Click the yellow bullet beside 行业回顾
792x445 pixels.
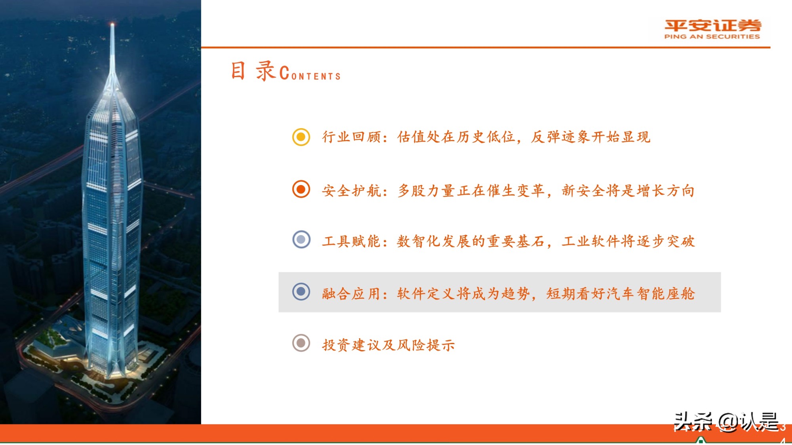point(301,137)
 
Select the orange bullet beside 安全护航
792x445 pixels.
point(301,189)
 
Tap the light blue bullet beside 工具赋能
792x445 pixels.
point(301,239)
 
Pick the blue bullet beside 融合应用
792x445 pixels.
point(301,292)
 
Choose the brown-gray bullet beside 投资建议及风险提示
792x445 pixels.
point(301,343)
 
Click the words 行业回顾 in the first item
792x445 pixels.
point(351,137)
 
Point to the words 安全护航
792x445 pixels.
point(351,191)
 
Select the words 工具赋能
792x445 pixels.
point(351,241)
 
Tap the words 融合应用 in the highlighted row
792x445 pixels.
point(351,294)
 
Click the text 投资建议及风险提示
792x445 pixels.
point(388,345)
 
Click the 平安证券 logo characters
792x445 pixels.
point(712,26)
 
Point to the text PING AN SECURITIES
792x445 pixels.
point(712,36)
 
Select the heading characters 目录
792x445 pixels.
point(253,71)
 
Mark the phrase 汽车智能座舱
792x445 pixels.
point(650,294)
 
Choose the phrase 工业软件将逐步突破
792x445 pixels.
point(628,241)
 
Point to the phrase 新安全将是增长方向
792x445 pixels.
point(628,191)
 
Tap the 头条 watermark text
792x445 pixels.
point(693,421)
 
